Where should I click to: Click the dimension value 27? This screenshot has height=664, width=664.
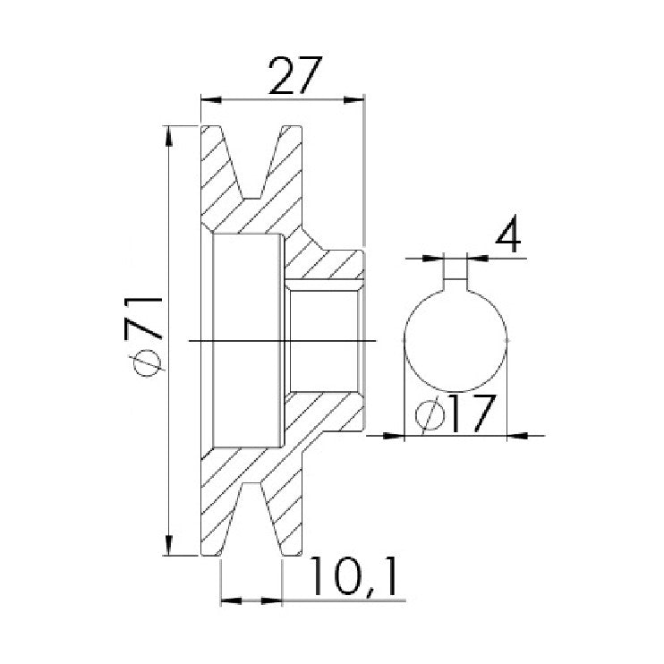point(295,76)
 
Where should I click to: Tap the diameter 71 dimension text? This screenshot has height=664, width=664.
point(143,336)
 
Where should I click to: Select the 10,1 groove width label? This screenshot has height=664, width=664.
point(354,577)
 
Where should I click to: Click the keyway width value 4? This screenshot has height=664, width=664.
point(507,234)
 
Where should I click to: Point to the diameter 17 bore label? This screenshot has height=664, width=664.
point(455,414)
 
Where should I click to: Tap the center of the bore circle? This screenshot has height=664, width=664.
point(455,341)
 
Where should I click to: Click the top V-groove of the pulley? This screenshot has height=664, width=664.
point(252,163)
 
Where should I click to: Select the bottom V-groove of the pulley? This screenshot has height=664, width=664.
point(252,519)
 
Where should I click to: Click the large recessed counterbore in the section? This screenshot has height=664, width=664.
point(247,340)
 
